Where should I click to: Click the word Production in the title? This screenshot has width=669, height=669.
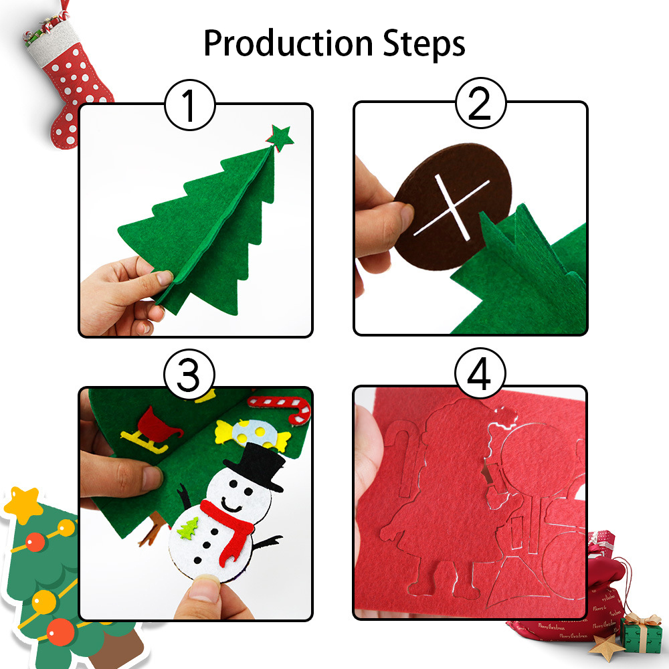288,44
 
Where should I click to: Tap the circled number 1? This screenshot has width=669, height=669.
190,105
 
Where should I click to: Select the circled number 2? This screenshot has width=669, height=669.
481,103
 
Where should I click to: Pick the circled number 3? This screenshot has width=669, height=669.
189,375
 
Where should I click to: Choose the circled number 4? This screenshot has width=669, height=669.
480,373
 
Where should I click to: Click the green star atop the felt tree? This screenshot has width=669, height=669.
280,137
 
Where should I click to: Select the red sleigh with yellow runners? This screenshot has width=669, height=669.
150,430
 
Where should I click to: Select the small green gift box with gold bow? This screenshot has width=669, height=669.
640,634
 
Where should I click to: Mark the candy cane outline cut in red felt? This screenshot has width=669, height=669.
407,460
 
